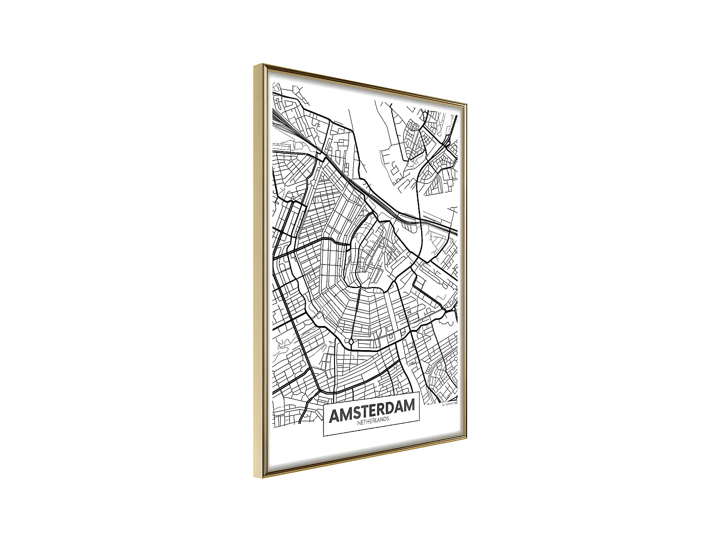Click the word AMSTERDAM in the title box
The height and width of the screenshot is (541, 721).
(x=372, y=411)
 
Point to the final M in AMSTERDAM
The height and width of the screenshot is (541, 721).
(x=407, y=406)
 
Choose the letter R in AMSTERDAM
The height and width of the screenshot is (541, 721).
(x=381, y=410)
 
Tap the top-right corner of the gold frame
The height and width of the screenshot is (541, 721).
(x=466, y=103)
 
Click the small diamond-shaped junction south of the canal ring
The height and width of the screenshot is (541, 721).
(x=351, y=341)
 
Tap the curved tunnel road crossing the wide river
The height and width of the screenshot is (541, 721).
(x=421, y=212)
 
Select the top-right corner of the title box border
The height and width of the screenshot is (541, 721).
(x=420, y=393)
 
